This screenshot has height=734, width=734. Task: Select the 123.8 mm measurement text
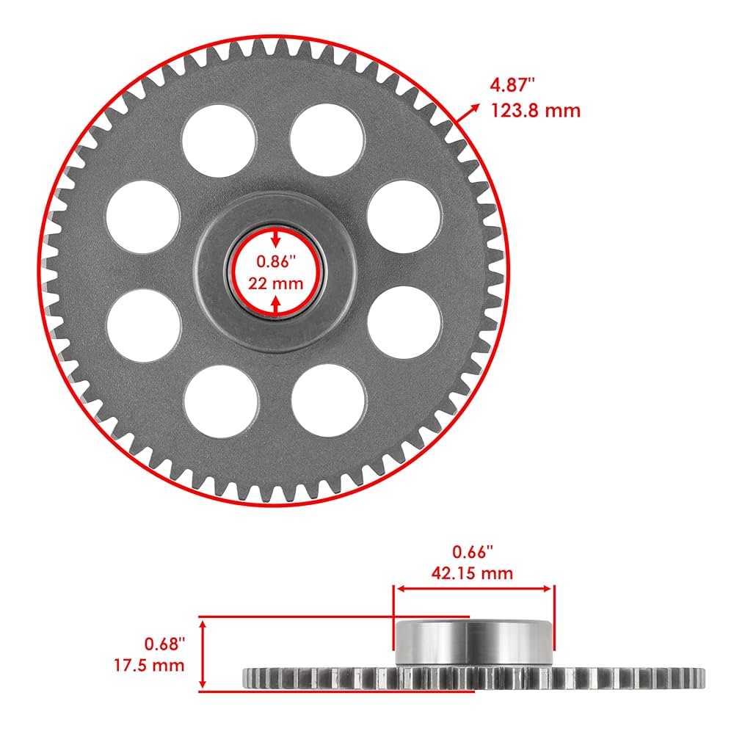535,111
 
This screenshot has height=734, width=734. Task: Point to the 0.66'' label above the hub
473,550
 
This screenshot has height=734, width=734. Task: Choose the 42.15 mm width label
473,573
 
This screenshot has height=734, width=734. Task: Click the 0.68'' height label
165,644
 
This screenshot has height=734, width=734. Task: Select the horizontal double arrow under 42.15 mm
474,588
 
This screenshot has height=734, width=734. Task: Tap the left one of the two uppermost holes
219,140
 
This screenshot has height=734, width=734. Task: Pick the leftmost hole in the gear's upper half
143,218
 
